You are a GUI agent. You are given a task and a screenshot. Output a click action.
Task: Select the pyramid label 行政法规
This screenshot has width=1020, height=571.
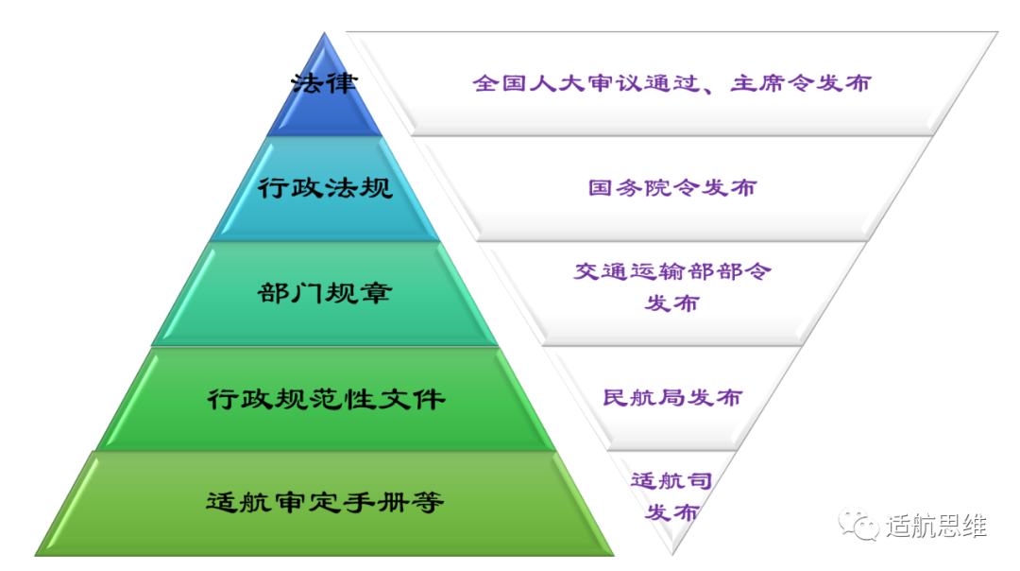click(x=325, y=188)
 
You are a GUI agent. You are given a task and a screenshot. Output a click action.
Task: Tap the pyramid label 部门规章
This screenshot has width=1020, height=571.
click(x=324, y=294)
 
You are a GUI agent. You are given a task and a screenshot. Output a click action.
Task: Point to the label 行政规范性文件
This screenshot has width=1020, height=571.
click(x=326, y=399)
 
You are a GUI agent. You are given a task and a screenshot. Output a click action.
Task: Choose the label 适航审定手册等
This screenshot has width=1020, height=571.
click(x=325, y=502)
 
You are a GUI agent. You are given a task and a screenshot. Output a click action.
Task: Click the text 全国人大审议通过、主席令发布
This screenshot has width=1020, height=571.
click(x=671, y=83)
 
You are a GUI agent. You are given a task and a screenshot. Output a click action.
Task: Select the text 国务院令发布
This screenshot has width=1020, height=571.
click(x=671, y=188)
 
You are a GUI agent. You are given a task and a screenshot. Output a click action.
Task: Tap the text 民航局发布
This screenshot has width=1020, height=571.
click(x=671, y=398)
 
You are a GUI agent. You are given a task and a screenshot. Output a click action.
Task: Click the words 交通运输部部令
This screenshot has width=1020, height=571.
click(x=672, y=272)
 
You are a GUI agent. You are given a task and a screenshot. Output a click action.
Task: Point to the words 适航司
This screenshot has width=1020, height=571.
click(x=671, y=480)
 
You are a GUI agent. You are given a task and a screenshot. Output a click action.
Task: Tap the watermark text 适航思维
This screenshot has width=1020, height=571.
click(x=935, y=526)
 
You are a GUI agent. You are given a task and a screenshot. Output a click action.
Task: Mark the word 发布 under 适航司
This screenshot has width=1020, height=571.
click(x=671, y=512)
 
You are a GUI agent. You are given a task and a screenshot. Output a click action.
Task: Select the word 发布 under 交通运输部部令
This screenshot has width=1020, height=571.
click(x=671, y=303)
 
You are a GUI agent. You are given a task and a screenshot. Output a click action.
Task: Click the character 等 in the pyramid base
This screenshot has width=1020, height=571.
click(x=430, y=502)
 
